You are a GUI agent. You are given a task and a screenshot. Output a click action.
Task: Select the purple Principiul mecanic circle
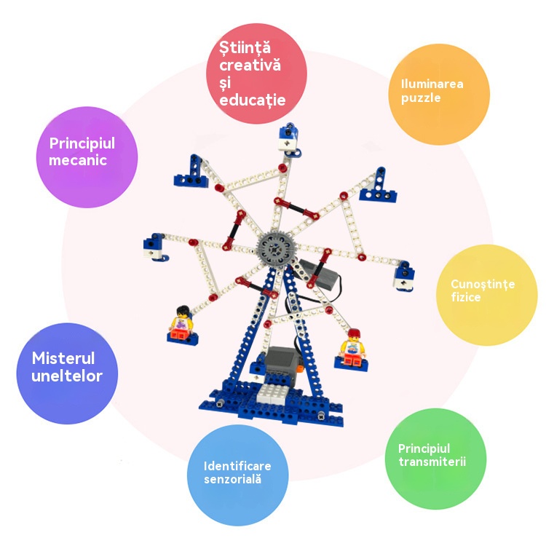87,157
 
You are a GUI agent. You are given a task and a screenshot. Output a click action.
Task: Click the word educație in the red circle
253,100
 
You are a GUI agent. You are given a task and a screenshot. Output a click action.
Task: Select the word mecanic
78,160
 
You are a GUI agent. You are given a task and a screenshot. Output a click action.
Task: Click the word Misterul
63,358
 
